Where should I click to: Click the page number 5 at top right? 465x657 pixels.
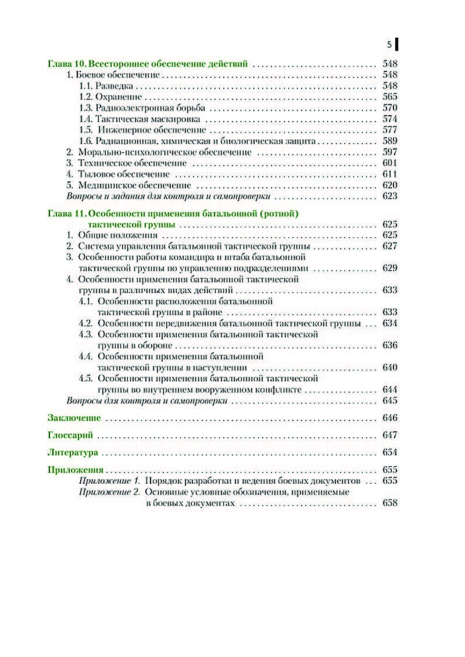pos(389,44)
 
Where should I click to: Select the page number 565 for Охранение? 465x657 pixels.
pos(389,97)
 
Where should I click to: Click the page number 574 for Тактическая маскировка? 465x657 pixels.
pos(389,119)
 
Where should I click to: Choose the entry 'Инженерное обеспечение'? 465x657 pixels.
pos(152,130)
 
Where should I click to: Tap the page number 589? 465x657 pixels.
pos(389,141)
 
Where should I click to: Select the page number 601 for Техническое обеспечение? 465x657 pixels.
pos(389,163)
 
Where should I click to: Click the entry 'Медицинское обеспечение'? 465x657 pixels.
pos(135,185)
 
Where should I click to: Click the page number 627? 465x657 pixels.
pos(389,247)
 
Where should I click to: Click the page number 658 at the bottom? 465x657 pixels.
pos(389,504)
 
